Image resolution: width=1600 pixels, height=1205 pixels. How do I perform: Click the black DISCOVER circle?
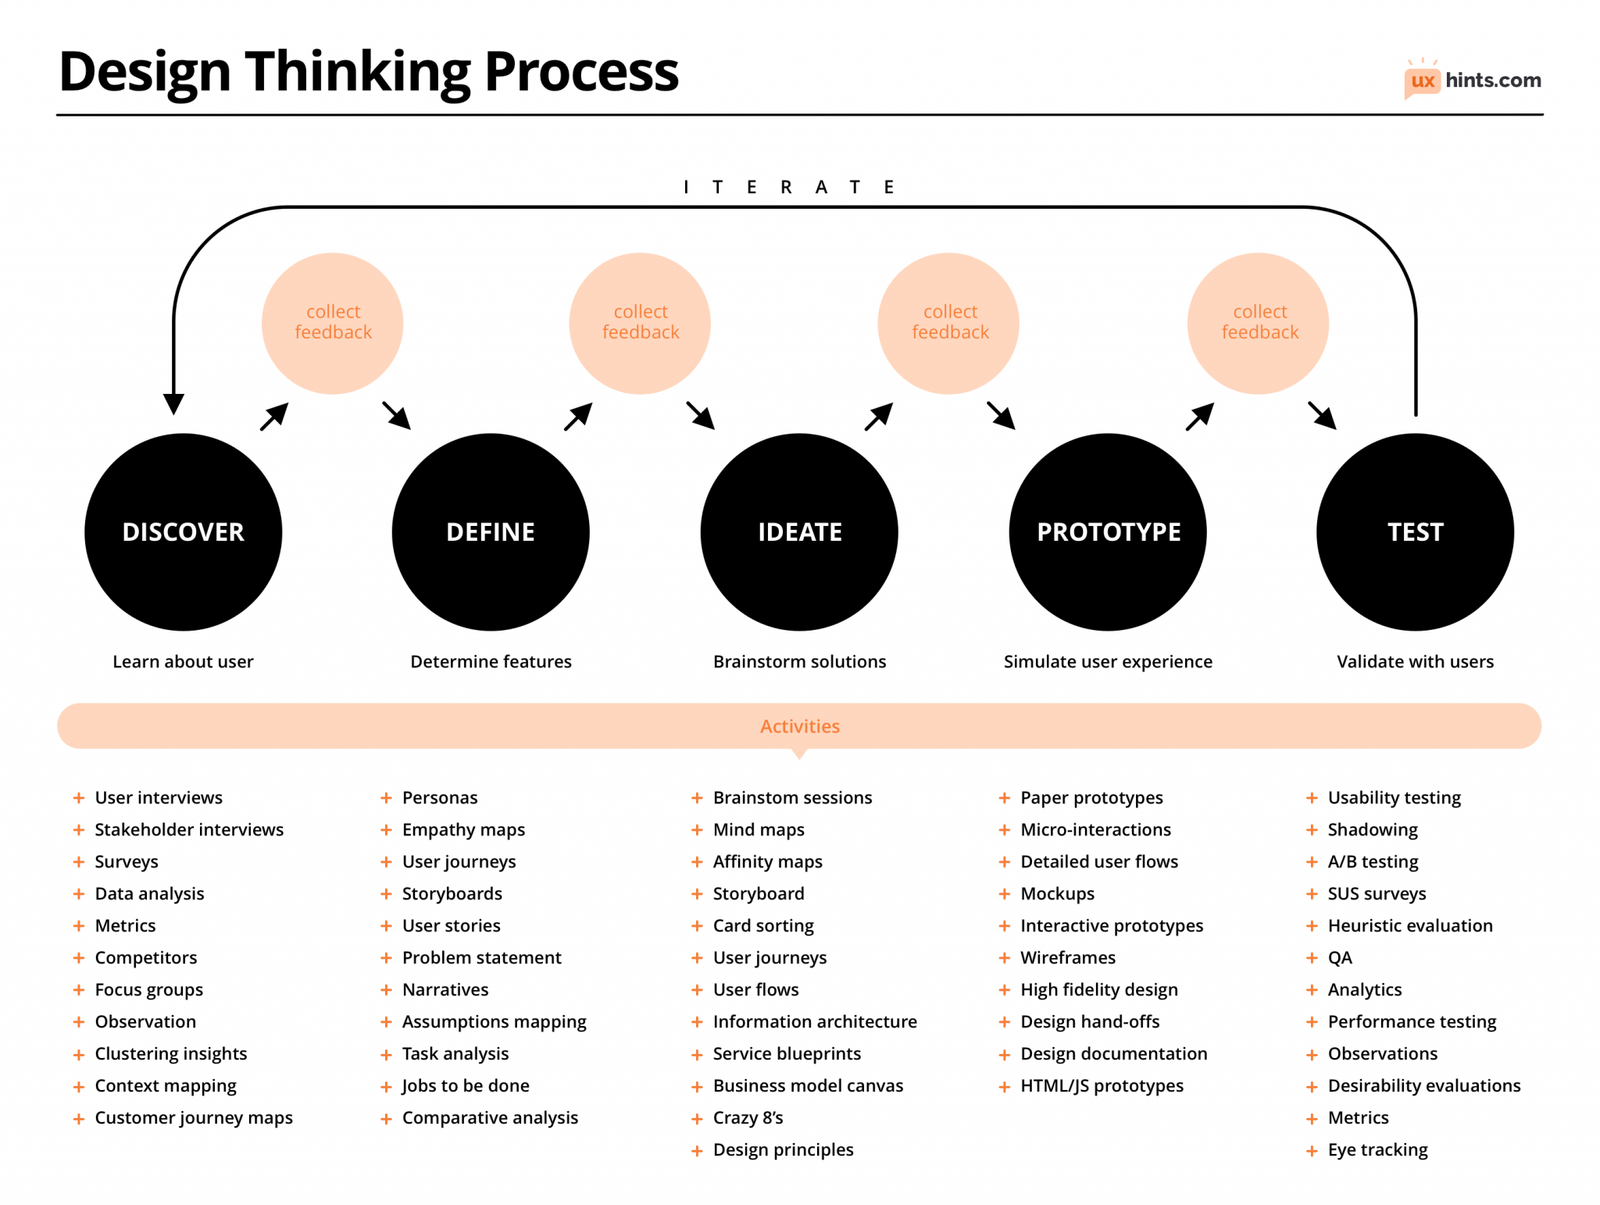point(183,531)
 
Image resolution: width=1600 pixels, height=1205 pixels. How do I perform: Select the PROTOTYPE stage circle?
point(1108,531)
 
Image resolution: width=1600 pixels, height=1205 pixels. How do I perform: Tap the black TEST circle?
point(1415,531)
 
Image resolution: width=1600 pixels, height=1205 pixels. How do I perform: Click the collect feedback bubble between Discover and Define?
point(332,322)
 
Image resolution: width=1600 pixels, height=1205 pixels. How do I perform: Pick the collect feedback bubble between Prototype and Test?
point(1258,322)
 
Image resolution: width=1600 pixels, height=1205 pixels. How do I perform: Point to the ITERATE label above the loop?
point(790,187)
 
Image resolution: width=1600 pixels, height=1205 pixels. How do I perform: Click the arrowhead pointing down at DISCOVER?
point(174,403)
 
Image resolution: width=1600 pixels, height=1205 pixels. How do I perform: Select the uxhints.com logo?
point(1473,80)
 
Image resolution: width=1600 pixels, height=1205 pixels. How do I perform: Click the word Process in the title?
point(581,72)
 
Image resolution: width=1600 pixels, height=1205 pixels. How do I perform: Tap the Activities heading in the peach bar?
point(799,726)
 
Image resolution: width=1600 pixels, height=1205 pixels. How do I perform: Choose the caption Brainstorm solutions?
point(799,661)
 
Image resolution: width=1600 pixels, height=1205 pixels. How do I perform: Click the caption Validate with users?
point(1415,661)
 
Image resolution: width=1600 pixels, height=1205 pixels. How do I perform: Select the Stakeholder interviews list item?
point(189,829)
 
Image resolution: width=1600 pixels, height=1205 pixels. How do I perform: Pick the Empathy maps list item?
point(463,829)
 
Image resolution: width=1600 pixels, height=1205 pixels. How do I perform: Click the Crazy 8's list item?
point(748,1117)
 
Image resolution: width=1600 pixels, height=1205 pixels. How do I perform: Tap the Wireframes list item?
point(1067,957)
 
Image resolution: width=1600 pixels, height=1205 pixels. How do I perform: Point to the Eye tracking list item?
point(1377,1149)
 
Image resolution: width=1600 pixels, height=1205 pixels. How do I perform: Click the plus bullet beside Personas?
point(386,798)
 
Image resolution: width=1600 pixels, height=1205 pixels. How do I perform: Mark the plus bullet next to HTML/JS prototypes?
point(1004,1086)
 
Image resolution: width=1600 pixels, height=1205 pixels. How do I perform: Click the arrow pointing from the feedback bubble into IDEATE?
point(701,416)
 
